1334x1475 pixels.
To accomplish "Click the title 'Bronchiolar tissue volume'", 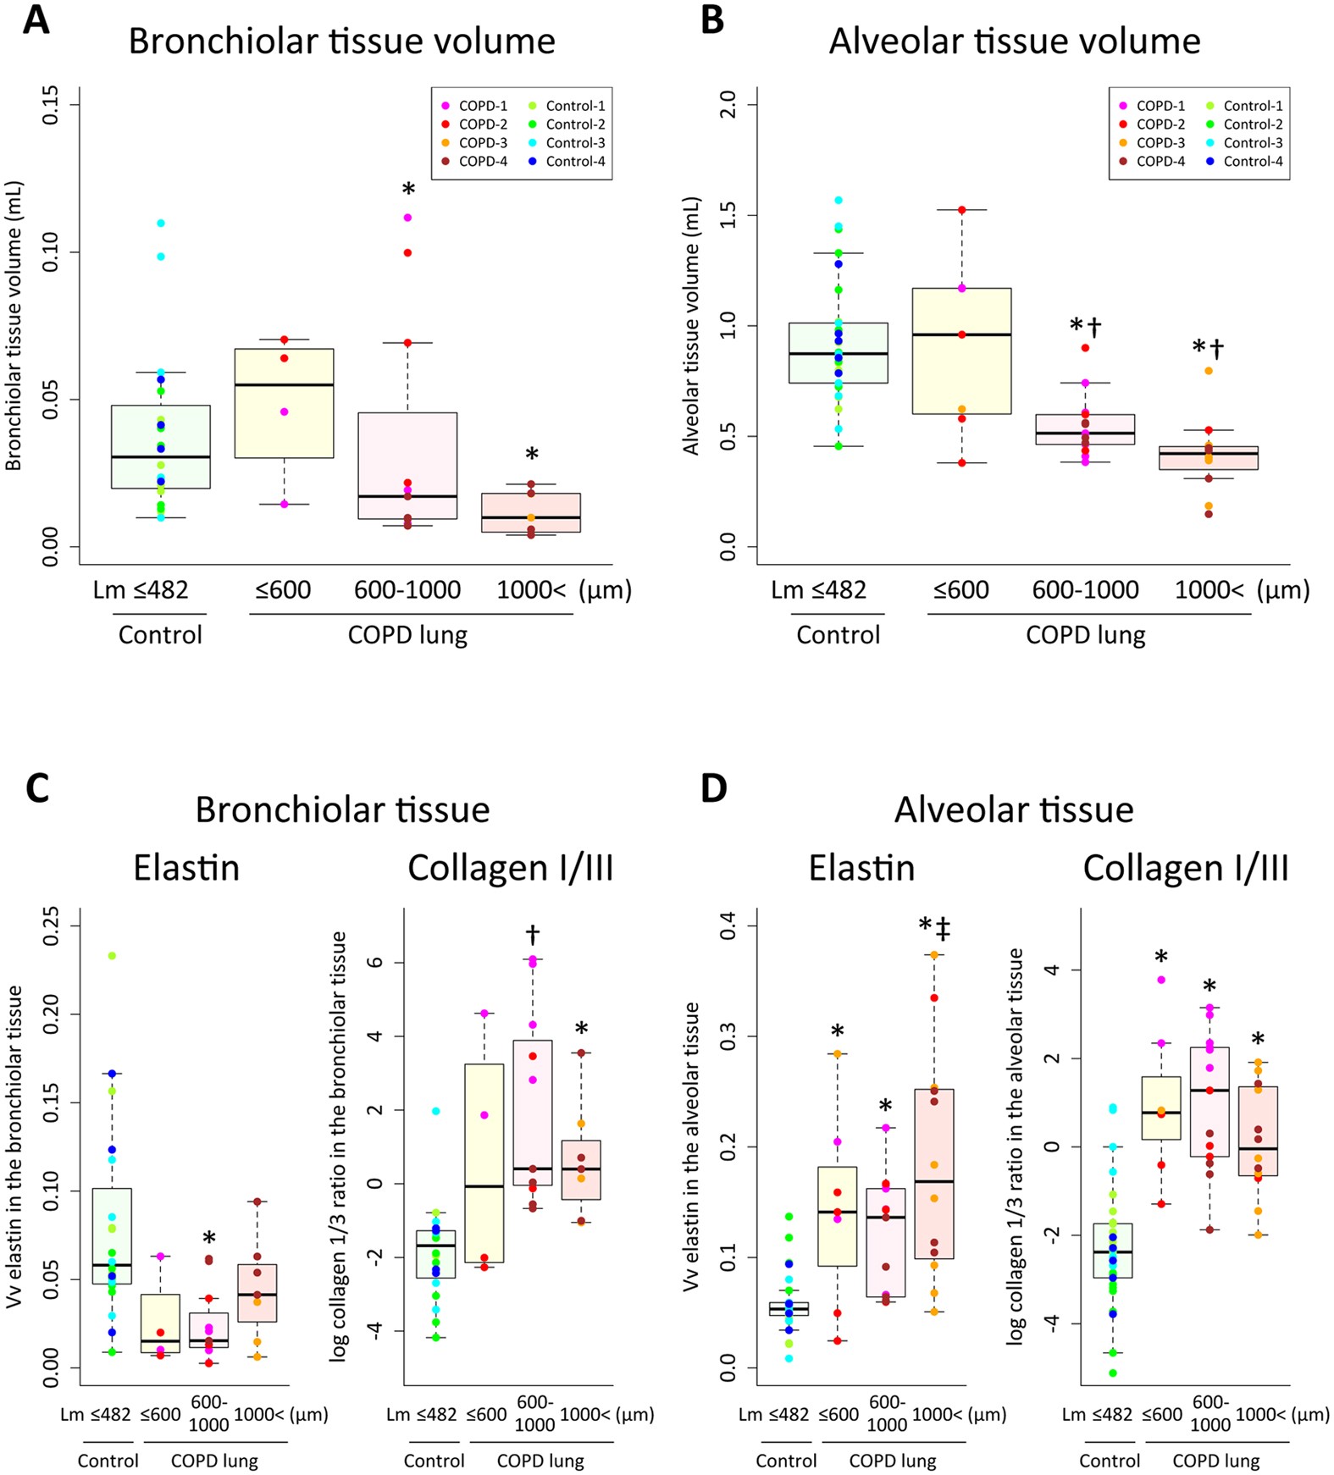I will click(341, 41).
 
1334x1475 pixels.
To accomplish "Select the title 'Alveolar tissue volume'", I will click(1014, 41).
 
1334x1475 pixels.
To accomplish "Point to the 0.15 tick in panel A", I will click(51, 105).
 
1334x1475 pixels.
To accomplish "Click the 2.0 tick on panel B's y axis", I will click(728, 105).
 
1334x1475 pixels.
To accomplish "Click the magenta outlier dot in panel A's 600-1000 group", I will click(407, 218).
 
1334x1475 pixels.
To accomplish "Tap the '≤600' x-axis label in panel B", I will click(960, 590).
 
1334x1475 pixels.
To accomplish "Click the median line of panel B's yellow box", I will click(961, 334).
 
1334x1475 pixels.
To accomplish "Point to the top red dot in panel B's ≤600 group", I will click(961, 209).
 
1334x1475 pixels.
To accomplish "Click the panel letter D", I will click(713, 788).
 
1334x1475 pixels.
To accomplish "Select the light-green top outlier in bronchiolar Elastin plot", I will click(111, 956).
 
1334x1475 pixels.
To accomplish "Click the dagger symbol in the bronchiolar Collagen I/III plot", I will click(533, 935).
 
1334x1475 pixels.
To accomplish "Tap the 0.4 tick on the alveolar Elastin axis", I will click(728, 926).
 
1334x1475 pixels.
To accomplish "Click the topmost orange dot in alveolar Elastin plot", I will click(934, 954).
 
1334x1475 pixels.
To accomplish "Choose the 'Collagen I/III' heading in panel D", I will click(1186, 869).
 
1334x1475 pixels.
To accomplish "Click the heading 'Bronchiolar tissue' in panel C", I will click(342, 810).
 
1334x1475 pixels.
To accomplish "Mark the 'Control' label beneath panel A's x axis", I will click(160, 635).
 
